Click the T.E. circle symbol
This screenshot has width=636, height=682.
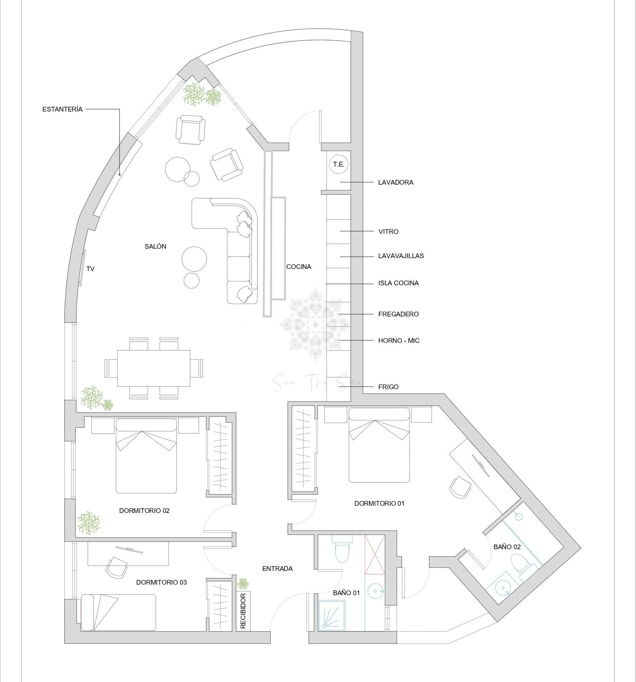click(338, 164)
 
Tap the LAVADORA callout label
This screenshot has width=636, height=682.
click(396, 182)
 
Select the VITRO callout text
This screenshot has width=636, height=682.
click(388, 232)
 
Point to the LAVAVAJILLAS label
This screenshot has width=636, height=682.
click(401, 256)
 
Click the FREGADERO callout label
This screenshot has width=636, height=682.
click(398, 314)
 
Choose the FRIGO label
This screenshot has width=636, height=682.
click(388, 387)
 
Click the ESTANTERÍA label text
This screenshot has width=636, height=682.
click(62, 109)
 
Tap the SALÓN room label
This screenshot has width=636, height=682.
click(155, 247)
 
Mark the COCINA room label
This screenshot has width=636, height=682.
click(299, 267)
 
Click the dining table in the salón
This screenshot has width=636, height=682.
click(154, 368)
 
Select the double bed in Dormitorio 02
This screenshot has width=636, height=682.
click(146, 456)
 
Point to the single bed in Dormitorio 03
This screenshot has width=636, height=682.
click(118, 612)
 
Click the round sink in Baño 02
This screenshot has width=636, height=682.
click(503, 587)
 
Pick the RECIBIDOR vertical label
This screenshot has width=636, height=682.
click(243, 610)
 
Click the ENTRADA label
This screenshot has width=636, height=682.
click(277, 569)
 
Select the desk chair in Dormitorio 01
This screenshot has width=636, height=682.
click(460, 487)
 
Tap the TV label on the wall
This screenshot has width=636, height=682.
click(90, 269)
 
